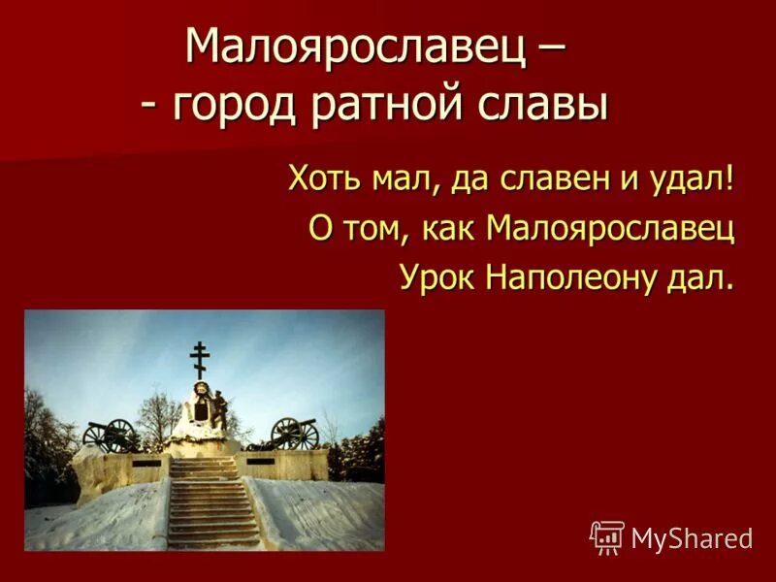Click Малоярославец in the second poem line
tap(609, 229)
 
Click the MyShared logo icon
tap(607, 536)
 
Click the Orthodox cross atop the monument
tap(200, 359)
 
